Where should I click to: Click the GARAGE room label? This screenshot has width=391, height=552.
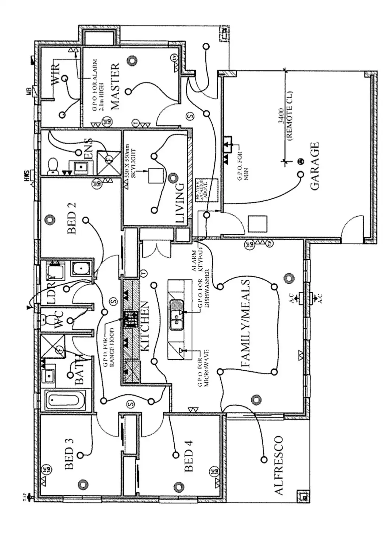pyautogui.click(x=315, y=166)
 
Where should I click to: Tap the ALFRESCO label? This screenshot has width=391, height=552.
pyautogui.click(x=279, y=465)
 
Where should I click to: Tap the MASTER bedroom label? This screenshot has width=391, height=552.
pyautogui.click(x=115, y=87)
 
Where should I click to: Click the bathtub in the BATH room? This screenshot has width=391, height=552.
pyautogui.click(x=68, y=400)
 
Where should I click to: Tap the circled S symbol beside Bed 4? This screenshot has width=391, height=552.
pyautogui.click(x=130, y=404)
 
